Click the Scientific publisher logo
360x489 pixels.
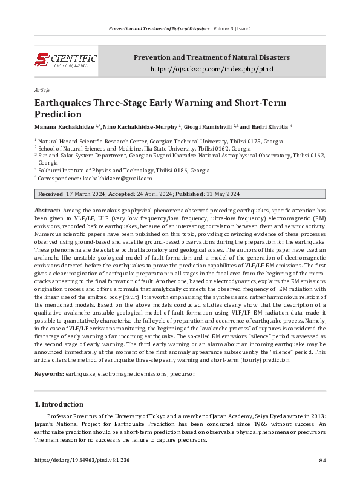[66, 60]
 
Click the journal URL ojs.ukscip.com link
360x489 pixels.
[211, 70]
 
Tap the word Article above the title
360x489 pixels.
[42, 89]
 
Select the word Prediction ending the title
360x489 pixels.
[57, 114]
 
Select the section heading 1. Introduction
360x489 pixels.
[59, 404]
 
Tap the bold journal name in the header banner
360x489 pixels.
[211, 57]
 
